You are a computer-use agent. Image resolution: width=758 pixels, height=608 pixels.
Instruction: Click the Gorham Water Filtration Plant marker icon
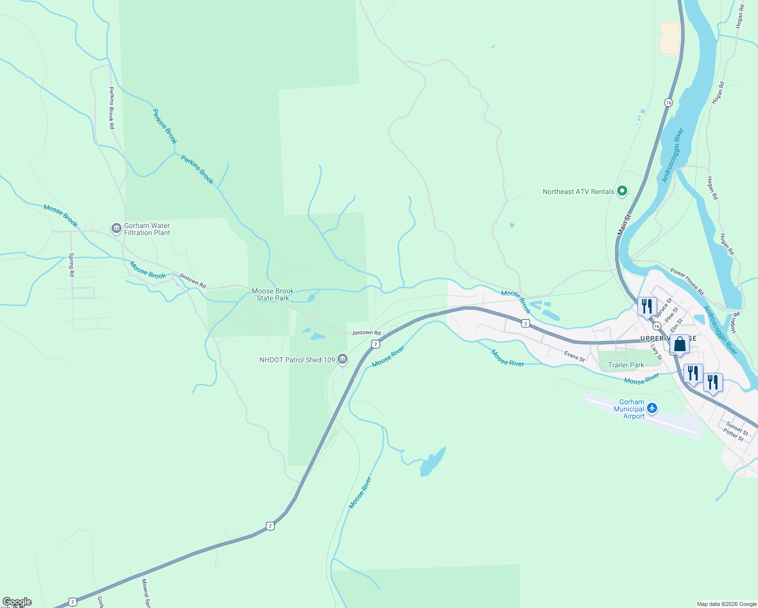pyautogui.click(x=117, y=229)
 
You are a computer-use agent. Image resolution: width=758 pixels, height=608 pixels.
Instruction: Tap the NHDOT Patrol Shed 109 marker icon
pyautogui.click(x=343, y=360)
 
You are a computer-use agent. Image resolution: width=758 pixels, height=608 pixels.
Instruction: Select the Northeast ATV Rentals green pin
pyautogui.click(x=622, y=192)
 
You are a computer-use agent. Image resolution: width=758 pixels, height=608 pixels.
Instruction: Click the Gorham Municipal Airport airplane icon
pyautogui.click(x=652, y=408)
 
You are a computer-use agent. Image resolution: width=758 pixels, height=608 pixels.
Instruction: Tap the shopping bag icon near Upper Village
pyautogui.click(x=679, y=345)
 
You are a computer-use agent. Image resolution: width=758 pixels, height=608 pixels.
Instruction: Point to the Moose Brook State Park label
pyautogui.click(x=273, y=294)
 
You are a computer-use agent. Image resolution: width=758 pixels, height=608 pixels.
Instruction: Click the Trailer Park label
pyautogui.click(x=626, y=365)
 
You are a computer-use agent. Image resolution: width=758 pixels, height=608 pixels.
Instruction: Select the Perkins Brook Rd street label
pyautogui.click(x=111, y=108)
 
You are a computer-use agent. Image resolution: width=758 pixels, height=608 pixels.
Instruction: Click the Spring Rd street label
pyautogui.click(x=71, y=264)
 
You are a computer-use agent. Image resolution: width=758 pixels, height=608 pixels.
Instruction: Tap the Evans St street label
pyautogui.click(x=574, y=356)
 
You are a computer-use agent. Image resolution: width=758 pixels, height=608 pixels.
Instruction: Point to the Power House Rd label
pyautogui.click(x=687, y=282)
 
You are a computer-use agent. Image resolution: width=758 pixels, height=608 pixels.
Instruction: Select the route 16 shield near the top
pyautogui.click(x=668, y=102)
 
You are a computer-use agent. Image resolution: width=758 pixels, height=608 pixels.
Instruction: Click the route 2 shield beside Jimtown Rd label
pyautogui.click(x=375, y=344)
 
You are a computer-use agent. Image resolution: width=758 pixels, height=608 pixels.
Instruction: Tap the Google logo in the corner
pyautogui.click(x=17, y=602)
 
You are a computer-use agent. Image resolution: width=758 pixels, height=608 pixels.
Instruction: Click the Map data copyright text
pyautogui.click(x=727, y=604)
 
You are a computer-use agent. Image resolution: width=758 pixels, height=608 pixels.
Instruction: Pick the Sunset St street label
pyautogui.click(x=737, y=428)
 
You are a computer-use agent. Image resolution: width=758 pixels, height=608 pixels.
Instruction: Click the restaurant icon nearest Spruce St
pyautogui.click(x=647, y=306)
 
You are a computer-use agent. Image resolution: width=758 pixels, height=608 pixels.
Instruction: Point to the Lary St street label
pyautogui.click(x=656, y=352)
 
